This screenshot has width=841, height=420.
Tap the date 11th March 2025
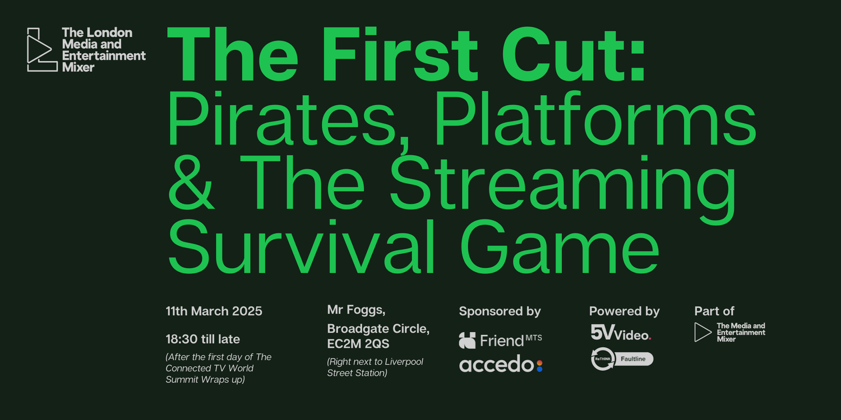tap(214, 311)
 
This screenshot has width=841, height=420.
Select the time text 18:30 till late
tap(202, 339)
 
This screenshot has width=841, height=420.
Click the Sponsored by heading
tap(500, 311)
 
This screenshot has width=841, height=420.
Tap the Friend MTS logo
tap(500, 339)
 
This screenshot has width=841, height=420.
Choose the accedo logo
tap(501, 365)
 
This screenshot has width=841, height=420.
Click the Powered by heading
tap(624, 311)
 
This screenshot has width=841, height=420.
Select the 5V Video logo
tap(621, 333)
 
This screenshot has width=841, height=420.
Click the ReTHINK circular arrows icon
tap(603, 359)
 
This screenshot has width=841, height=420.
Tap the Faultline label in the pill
tap(634, 359)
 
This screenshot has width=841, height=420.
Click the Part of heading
tap(714, 311)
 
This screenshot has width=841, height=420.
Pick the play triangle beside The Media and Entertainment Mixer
tap(703, 332)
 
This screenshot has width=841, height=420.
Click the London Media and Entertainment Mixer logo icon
tap(41, 50)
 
